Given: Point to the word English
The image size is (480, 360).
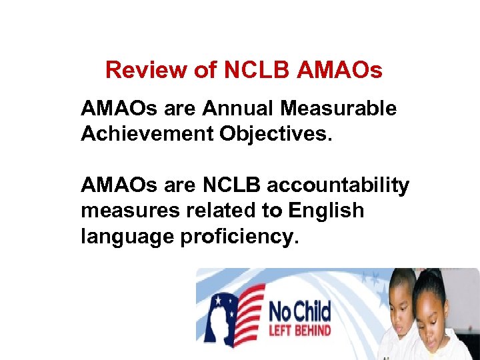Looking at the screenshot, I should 327,211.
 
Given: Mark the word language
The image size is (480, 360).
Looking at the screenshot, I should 127,237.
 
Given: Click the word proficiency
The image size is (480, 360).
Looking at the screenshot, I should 237,237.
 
